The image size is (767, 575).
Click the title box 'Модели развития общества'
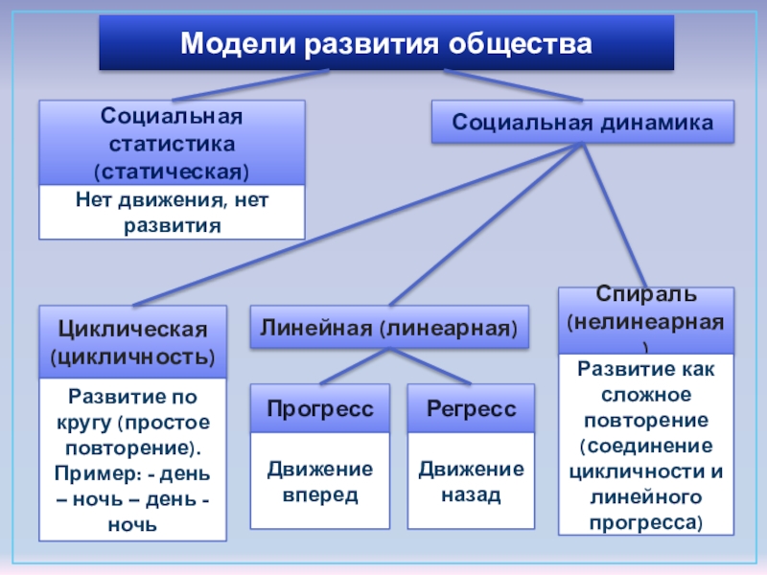(x=386, y=43)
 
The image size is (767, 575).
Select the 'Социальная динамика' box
(x=583, y=123)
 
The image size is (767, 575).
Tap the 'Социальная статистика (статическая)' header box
(x=172, y=144)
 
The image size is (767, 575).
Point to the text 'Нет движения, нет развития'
(x=172, y=212)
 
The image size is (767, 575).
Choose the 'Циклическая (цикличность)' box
(x=132, y=342)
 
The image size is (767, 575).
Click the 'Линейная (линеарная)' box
(x=390, y=329)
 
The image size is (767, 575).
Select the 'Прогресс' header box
(x=320, y=408)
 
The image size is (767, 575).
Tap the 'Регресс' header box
(x=471, y=408)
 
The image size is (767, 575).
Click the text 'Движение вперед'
(x=320, y=481)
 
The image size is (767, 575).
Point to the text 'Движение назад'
(x=471, y=481)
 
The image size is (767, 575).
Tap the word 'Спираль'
(x=646, y=291)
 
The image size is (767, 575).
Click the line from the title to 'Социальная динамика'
(x=513, y=84)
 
